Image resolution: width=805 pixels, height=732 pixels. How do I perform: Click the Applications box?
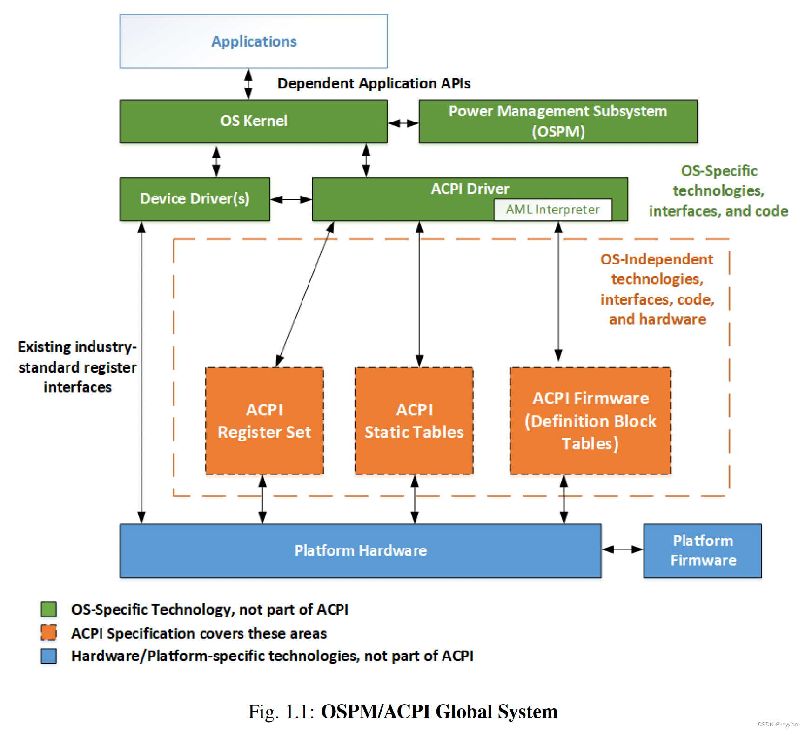[x=254, y=41]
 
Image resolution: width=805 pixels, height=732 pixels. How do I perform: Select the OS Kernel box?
[x=254, y=121]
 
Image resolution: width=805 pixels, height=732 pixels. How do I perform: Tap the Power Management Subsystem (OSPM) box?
[x=558, y=121]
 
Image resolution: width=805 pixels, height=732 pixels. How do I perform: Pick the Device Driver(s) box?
[x=195, y=199]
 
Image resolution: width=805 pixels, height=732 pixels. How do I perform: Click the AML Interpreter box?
[x=552, y=210]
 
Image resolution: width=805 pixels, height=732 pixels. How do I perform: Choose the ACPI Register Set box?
[x=264, y=421]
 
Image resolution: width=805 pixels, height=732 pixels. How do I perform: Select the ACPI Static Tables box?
[x=414, y=421]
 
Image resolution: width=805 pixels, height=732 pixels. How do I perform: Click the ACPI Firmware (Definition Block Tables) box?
[x=590, y=421]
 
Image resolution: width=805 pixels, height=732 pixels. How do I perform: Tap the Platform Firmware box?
[x=702, y=550]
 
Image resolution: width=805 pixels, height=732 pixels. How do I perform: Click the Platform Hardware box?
[x=360, y=550]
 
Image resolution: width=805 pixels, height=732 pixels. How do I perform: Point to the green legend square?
[x=49, y=609]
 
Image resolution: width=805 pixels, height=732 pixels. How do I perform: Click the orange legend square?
[x=49, y=633]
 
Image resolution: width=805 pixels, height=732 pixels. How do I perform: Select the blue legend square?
[x=49, y=656]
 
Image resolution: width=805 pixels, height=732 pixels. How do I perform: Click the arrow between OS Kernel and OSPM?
[x=403, y=123]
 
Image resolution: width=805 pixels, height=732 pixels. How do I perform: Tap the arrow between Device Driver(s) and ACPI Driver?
[x=291, y=200]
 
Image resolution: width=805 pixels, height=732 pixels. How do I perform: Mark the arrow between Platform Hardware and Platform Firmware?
[x=622, y=549]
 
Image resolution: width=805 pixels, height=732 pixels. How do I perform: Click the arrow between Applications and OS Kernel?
[x=248, y=84]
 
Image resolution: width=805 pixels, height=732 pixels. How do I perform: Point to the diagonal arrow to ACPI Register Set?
[x=305, y=294]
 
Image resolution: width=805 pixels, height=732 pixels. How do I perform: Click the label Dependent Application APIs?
[x=374, y=83]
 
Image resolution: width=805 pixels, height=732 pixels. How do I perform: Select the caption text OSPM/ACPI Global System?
[x=439, y=712]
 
